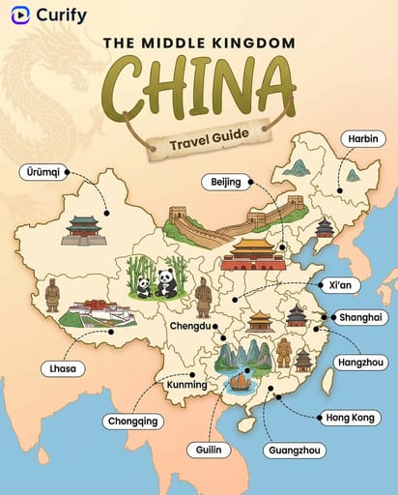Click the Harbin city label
coord(363,139)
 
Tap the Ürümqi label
coord(43,172)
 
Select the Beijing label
coord(227,181)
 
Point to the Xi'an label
coord(338,286)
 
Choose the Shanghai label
coord(360,317)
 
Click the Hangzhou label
coord(360,362)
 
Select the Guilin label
coord(211,451)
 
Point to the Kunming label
coord(186,385)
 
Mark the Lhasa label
coord(64,368)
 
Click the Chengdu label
coord(189,326)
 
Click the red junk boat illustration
coord(239,383)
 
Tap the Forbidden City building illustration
coord(253,253)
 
